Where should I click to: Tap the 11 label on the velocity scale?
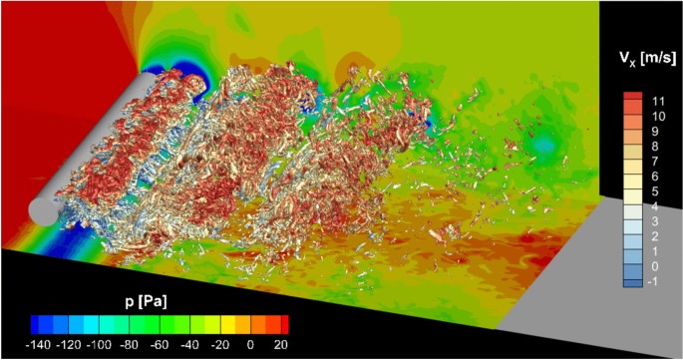[x=657, y=101]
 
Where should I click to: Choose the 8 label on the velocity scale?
[x=654, y=147]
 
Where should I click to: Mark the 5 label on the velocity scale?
[x=654, y=190]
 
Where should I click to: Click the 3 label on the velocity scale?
[x=654, y=220]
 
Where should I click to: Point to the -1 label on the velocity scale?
[x=656, y=281]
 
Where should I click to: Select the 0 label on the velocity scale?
[x=654, y=266]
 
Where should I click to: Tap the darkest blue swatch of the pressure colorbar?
[x=37, y=323]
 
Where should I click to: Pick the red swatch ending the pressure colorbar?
[x=285, y=323]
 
